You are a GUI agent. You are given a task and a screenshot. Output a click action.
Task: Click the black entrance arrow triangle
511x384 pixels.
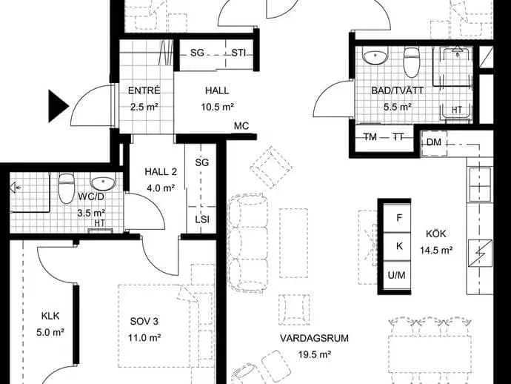57,106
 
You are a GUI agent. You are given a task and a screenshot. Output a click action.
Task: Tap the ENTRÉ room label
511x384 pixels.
144,90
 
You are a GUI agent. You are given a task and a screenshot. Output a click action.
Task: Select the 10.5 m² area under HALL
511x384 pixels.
218,107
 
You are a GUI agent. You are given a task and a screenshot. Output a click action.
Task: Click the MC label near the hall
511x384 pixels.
241,126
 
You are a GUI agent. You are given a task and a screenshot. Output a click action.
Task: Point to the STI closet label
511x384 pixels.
238,53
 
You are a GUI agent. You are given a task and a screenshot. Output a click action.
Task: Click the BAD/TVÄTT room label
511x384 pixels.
397,90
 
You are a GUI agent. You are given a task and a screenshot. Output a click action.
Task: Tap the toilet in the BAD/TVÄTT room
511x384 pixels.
410,62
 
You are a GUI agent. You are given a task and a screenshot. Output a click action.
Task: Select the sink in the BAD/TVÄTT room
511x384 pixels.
375,56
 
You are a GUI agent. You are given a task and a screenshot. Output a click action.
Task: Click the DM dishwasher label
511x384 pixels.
434,142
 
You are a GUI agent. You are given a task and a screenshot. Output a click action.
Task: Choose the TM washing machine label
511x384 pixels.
370,137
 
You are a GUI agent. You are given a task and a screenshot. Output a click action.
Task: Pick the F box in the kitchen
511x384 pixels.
399,218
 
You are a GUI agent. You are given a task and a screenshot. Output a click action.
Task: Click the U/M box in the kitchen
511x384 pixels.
397,275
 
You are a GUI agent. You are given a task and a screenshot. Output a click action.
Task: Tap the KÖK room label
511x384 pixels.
435,234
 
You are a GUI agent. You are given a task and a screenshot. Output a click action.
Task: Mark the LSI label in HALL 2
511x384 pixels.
202,219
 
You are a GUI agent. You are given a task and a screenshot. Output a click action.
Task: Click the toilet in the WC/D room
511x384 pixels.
66,188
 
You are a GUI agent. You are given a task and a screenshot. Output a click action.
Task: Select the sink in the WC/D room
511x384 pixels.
103,182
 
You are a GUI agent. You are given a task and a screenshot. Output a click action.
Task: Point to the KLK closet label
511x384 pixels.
50,316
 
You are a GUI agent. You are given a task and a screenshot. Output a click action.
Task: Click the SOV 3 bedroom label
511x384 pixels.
144,322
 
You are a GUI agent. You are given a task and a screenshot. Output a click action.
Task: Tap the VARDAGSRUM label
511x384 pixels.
314,338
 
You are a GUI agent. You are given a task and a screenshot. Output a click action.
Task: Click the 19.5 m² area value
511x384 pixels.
315,354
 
